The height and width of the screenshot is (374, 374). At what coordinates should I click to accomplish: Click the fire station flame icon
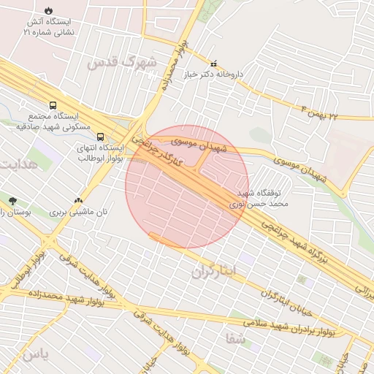[x=48, y=12]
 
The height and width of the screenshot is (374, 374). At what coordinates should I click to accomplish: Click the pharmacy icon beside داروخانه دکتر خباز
[x=214, y=64]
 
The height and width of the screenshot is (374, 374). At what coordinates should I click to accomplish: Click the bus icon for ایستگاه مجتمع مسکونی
[x=53, y=106]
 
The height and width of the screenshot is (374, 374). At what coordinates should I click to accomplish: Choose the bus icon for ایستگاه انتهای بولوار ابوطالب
[x=100, y=137]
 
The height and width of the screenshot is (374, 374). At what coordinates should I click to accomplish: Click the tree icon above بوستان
[x=12, y=200]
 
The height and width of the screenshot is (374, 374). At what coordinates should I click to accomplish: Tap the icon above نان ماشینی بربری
[x=78, y=200]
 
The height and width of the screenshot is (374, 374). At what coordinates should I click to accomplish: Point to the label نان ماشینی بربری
[x=78, y=213]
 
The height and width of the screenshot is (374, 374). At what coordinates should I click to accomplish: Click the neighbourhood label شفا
[x=234, y=339]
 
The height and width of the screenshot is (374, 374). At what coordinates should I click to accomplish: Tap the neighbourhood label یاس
[x=35, y=355]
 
